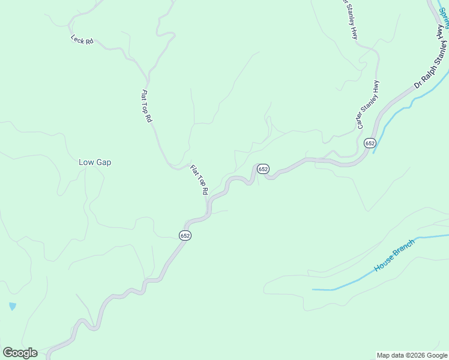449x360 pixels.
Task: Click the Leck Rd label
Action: [82, 41]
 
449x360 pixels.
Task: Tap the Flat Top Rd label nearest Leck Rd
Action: [146, 106]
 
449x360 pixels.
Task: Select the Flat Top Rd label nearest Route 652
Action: [199, 179]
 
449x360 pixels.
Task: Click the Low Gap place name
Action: [95, 162]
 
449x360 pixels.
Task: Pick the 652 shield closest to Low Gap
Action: [185, 236]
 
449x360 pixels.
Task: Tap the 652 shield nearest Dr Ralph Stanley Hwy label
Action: [369, 143]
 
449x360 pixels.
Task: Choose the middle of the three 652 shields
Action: [263, 169]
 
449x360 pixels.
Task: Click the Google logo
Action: [20, 353]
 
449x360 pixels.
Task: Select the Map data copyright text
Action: [412, 355]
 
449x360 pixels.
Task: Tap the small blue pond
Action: [13, 307]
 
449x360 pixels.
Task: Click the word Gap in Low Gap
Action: [104, 162]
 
